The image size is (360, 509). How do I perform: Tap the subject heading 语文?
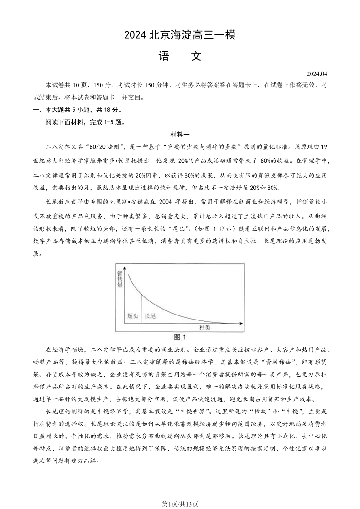coord(180,56)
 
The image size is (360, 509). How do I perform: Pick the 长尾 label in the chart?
coord(150,316)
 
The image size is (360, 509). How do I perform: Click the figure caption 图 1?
coord(180,337)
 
